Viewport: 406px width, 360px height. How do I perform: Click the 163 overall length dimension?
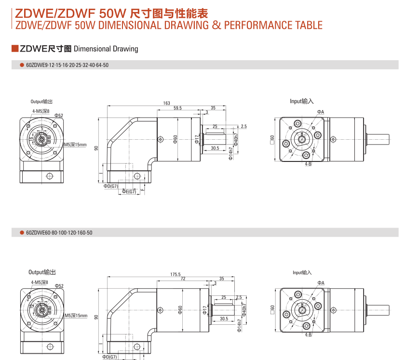click(x=166, y=103)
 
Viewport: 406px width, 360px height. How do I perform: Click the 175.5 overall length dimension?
click(x=175, y=274)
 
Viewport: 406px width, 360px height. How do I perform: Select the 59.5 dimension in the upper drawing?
click(x=177, y=108)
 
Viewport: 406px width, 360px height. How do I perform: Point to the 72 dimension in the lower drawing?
click(x=183, y=279)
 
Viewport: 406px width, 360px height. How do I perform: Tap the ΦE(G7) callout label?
click(x=129, y=192)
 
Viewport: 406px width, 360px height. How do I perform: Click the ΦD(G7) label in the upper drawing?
click(x=110, y=186)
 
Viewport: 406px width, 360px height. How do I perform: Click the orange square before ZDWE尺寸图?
click(x=14, y=49)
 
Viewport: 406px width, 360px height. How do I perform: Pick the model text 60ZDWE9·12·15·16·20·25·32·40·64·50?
click(x=68, y=65)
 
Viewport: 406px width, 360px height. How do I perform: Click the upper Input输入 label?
click(x=302, y=101)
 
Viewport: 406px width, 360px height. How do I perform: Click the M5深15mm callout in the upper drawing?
click(x=76, y=145)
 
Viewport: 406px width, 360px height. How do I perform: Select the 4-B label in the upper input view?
click(x=308, y=164)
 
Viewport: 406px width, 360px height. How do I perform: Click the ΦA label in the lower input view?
click(x=321, y=282)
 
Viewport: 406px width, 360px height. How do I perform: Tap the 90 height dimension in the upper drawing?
click(x=96, y=147)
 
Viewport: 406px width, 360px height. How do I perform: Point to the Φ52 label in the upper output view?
click(x=59, y=116)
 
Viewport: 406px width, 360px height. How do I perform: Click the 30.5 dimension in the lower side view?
click(x=223, y=319)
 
